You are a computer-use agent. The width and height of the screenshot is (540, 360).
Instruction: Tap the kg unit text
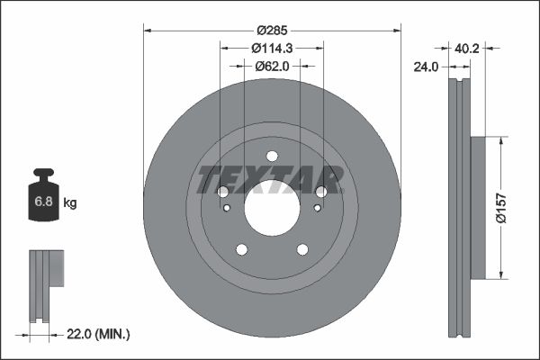click(70, 203)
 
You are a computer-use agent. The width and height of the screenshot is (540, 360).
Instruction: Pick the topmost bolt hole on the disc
click(272, 156)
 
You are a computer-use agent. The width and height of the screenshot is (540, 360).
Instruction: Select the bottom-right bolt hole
click(303, 250)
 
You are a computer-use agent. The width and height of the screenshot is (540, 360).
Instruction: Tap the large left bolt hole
click(223, 192)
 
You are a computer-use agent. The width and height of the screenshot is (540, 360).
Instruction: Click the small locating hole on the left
click(228, 209)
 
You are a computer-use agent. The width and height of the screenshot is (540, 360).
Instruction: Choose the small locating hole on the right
click(317, 209)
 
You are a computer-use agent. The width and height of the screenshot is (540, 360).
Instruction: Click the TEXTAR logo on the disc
click(270, 179)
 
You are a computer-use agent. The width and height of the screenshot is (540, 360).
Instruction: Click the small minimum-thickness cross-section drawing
click(47, 283)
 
